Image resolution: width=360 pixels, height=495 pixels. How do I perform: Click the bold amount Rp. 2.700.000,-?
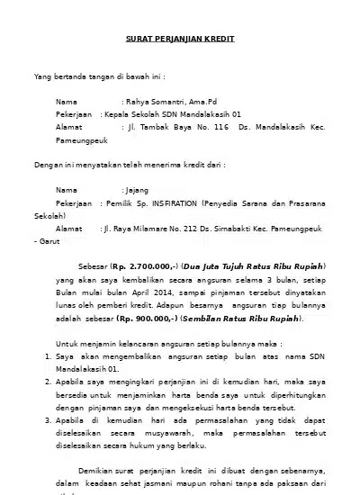(146, 267)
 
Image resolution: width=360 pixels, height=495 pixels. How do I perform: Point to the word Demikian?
(98, 470)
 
